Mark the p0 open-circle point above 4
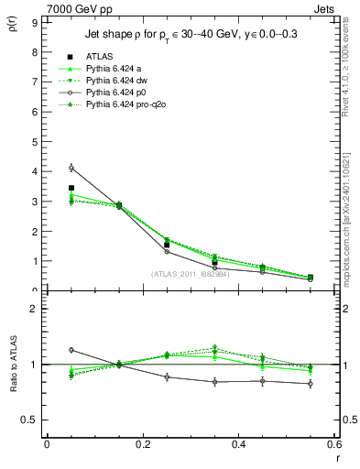coord(71,168)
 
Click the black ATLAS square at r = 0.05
coord(71,188)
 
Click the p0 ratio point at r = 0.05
coord(71,350)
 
